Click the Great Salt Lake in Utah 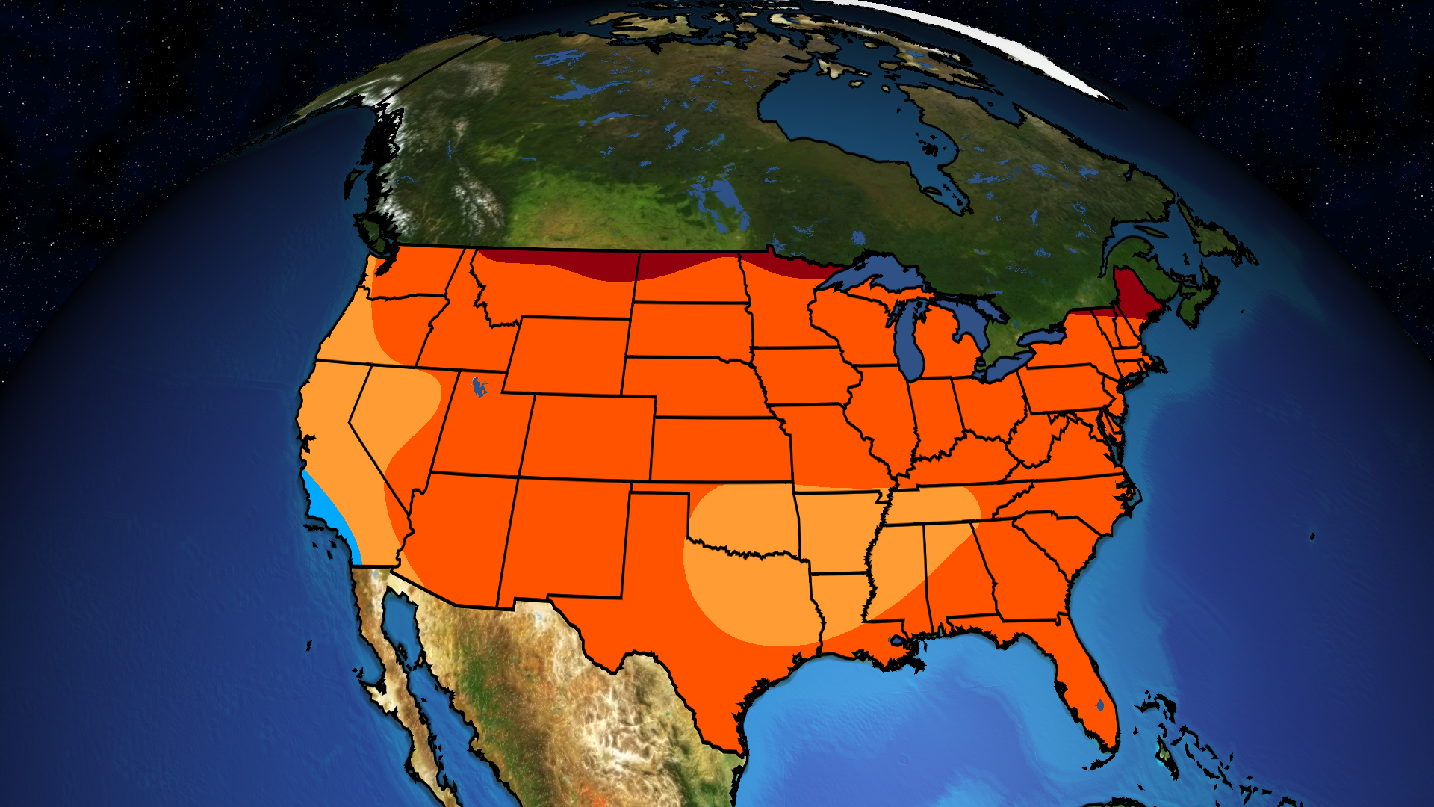pyautogui.click(x=478, y=387)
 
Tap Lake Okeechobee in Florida pyautogui.click(x=1099, y=705)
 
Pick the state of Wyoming pyautogui.click(x=568, y=354)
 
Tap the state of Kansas pyautogui.click(x=721, y=448)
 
